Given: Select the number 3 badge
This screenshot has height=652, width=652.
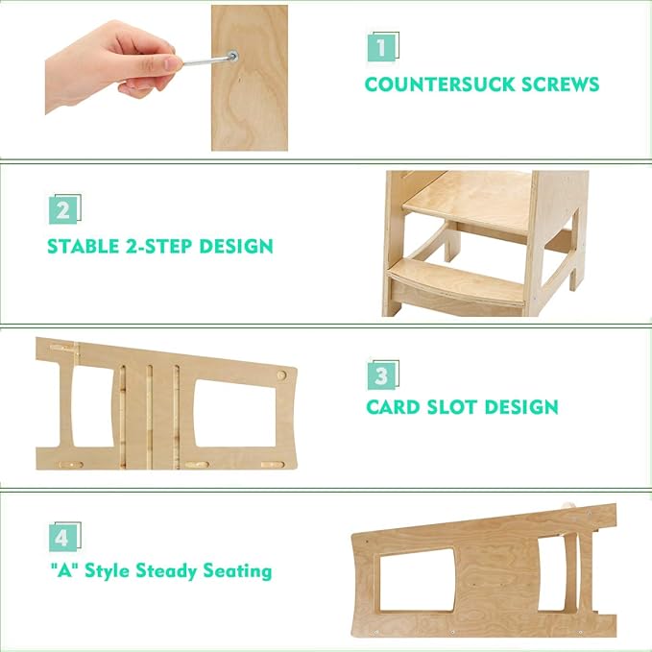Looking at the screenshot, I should [381, 374].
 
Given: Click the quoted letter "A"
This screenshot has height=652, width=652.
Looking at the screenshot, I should [63, 571].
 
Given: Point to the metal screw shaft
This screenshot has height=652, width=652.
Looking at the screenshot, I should [206, 61].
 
